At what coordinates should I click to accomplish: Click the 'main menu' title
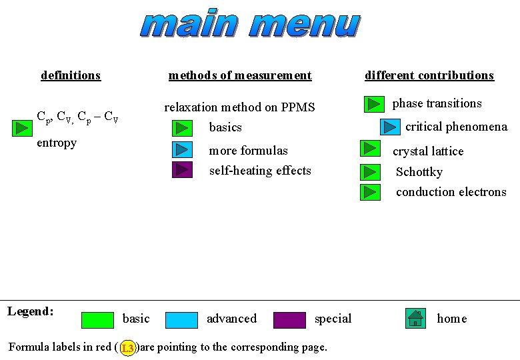click(x=251, y=25)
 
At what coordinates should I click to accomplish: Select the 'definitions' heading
click(x=71, y=75)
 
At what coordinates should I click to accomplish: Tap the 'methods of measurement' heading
click(x=240, y=75)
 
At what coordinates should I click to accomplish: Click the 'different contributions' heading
click(x=429, y=75)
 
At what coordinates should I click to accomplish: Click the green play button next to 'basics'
click(x=182, y=127)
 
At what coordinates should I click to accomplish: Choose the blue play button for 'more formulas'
click(x=182, y=150)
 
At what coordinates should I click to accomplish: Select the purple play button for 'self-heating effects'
click(x=182, y=170)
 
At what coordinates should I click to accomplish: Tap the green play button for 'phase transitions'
click(x=374, y=105)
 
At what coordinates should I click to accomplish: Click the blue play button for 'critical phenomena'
click(x=390, y=127)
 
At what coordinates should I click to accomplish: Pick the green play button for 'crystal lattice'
click(x=370, y=149)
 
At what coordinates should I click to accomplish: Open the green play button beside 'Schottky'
click(x=370, y=172)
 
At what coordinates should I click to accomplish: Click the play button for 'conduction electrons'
click(x=370, y=192)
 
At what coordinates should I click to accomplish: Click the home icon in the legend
click(x=416, y=319)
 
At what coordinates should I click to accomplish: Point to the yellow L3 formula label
click(x=128, y=348)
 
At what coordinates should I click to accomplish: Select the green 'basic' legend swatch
click(x=97, y=320)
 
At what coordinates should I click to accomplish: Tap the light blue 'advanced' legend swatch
click(x=181, y=320)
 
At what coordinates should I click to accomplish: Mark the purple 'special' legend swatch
click(x=289, y=320)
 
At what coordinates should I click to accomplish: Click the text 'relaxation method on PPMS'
click(x=239, y=107)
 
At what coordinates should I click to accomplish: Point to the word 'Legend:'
click(x=31, y=311)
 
